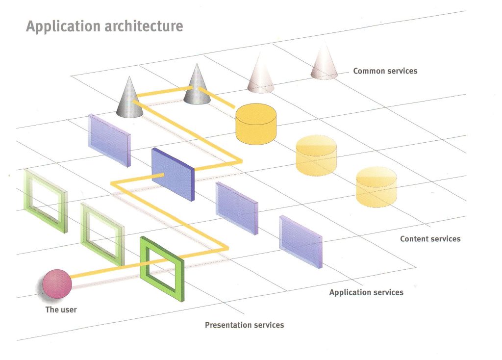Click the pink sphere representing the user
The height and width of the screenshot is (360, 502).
click(57, 284)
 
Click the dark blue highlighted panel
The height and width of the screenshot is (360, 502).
click(173, 174)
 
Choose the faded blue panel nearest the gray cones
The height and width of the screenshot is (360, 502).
click(109, 140)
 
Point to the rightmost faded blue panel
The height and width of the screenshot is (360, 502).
click(301, 241)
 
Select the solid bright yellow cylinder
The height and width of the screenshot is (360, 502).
click(256, 124)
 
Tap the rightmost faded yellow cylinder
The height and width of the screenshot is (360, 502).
click(376, 187)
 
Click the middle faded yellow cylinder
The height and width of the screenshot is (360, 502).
click(316, 155)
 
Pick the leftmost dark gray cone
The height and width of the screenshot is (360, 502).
click(129, 98)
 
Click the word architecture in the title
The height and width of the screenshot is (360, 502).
click(144, 26)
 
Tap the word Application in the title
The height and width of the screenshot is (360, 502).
click(64, 26)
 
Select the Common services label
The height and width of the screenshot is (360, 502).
click(385, 71)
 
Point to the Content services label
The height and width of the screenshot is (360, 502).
click(430, 239)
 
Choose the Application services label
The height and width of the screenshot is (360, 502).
click(366, 292)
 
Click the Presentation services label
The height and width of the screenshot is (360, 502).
click(244, 325)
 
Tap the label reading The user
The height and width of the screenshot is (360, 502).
click(61, 309)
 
